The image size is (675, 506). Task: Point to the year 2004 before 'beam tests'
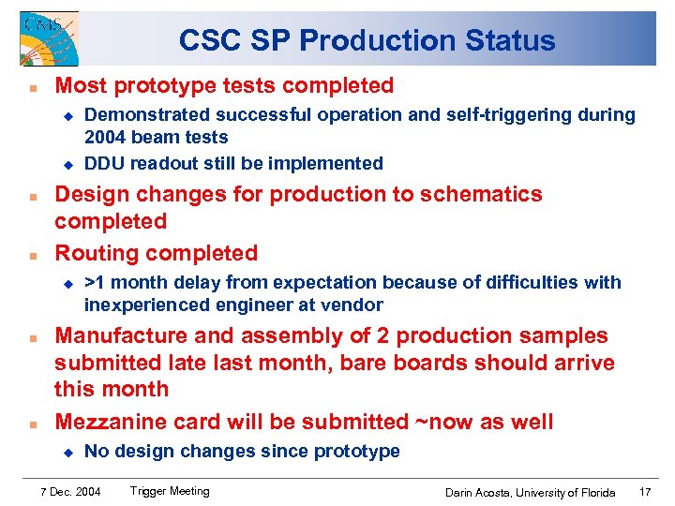(104, 138)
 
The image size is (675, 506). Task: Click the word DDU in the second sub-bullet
(105, 164)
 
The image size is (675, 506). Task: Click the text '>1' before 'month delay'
(96, 283)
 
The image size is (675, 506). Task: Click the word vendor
(354, 305)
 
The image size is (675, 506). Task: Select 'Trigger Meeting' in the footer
(170, 491)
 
